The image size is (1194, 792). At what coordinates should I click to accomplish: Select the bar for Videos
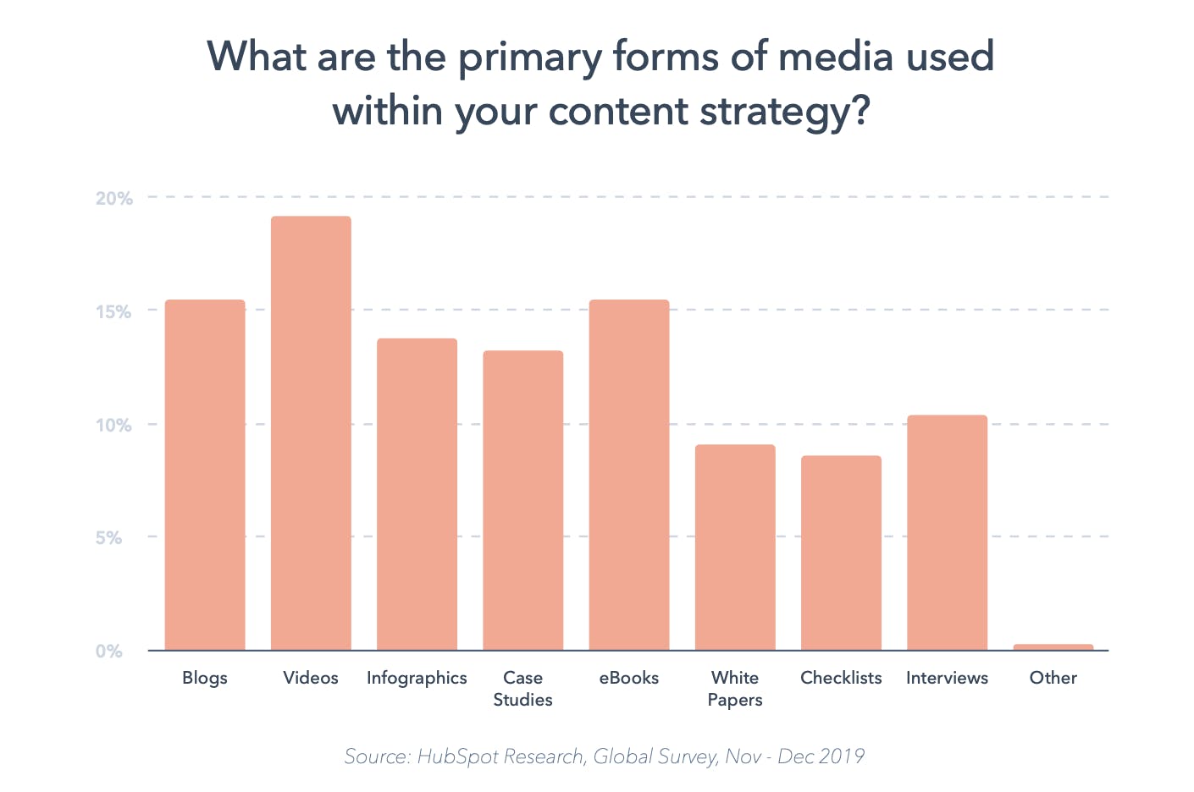pyautogui.click(x=311, y=433)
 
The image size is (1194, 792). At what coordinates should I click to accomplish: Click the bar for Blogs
pyautogui.click(x=205, y=475)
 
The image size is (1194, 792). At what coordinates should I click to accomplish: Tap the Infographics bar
pyautogui.click(x=417, y=494)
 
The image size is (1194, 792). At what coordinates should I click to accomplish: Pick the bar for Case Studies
pyautogui.click(x=522, y=500)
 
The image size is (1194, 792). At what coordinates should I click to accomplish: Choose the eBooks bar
pyautogui.click(x=629, y=475)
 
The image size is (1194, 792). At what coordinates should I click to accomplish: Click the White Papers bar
pyautogui.click(x=735, y=547)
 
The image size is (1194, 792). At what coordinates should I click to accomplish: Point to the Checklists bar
pyautogui.click(x=841, y=553)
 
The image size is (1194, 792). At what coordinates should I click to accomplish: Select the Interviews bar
pyautogui.click(x=947, y=532)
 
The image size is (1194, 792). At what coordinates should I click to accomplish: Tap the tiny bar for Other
pyautogui.click(x=1053, y=647)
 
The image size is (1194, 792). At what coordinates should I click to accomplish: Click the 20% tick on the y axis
pyautogui.click(x=114, y=199)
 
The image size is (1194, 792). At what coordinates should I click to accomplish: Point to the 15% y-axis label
pyautogui.click(x=114, y=312)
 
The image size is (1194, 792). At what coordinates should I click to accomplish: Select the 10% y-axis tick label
pyautogui.click(x=114, y=425)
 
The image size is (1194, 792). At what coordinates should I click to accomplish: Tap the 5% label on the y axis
pyautogui.click(x=109, y=538)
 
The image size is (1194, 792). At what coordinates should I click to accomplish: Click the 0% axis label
pyautogui.click(x=109, y=652)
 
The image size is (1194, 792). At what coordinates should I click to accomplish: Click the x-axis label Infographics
pyautogui.click(x=417, y=678)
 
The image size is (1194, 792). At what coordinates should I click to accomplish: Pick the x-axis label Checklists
pyautogui.click(x=841, y=678)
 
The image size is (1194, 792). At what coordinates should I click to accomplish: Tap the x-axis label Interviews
pyautogui.click(x=947, y=678)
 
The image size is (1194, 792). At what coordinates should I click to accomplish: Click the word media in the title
pyautogui.click(x=835, y=58)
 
